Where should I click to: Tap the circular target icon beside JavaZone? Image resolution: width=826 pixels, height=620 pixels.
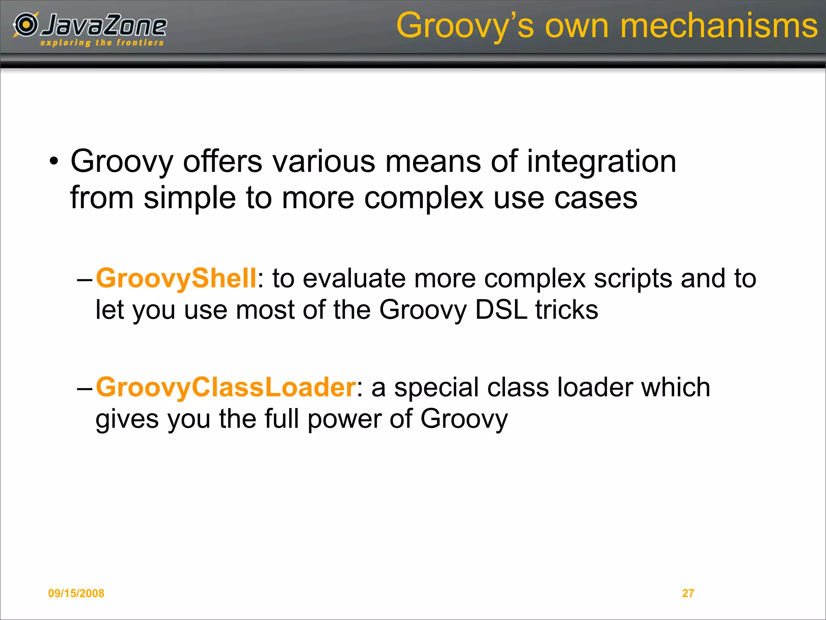[26, 25]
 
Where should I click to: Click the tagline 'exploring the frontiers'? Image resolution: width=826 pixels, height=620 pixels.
[102, 43]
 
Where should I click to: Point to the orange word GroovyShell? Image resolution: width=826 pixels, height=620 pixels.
[176, 278]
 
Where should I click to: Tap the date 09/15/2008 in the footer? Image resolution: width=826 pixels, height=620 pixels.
[76, 593]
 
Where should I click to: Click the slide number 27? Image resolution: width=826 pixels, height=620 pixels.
[688, 593]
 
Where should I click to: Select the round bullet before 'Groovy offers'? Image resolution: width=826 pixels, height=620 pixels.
[54, 162]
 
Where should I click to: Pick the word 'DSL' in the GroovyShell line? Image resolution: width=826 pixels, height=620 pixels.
[501, 310]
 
